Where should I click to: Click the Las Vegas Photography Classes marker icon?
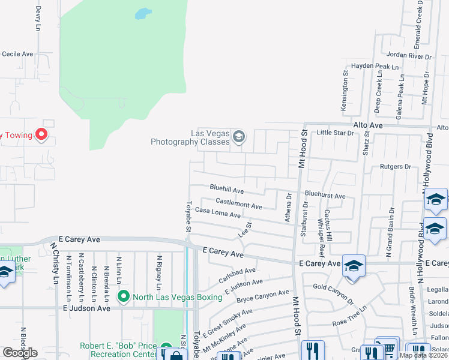[238, 137]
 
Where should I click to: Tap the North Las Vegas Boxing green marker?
[124, 296]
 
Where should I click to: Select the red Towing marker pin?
[41, 134]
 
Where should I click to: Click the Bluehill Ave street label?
[226, 189]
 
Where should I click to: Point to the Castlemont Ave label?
[238, 204]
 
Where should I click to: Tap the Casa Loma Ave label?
[217, 213]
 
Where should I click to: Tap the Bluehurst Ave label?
[325, 195]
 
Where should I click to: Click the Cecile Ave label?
[17, 54]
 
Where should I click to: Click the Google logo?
[20, 353]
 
